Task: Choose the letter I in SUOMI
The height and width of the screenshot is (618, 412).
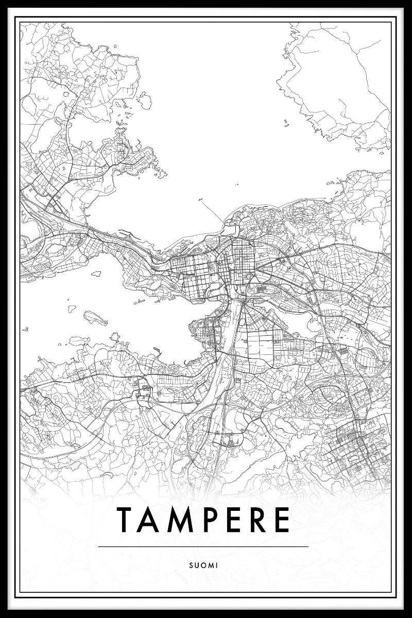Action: (217, 565)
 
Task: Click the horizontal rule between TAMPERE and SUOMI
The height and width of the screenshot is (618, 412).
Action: (203, 546)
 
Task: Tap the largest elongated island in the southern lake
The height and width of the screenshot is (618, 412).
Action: (96, 317)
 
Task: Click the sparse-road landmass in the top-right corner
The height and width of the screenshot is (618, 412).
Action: (340, 82)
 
